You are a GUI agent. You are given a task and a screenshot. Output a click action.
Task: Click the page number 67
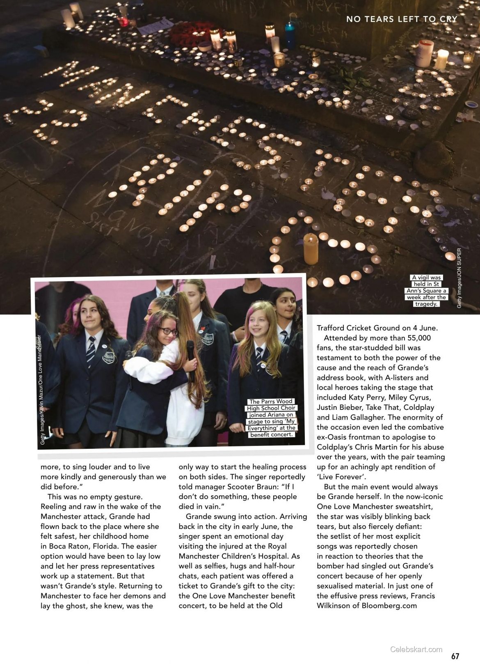point(455,656)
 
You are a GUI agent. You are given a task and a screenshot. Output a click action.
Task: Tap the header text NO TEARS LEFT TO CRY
point(401,19)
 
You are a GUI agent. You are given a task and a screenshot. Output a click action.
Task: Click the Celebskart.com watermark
point(416,649)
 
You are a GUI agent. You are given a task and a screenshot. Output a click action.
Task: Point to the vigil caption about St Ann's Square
point(427,291)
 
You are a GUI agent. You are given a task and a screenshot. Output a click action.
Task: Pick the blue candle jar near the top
point(290,35)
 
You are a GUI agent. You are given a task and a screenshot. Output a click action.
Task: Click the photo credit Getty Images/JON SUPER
point(459,278)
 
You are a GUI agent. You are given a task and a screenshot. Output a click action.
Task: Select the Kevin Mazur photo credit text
point(40,390)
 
